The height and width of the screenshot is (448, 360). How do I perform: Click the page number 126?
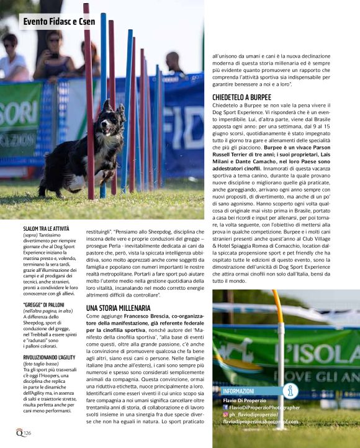click(27, 432)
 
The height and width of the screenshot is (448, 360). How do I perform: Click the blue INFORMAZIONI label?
click(239, 392)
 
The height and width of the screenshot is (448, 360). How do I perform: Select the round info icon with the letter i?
click(289, 390)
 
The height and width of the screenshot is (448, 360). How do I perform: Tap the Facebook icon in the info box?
click(226, 408)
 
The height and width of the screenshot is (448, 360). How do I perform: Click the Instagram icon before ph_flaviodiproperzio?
click(226, 414)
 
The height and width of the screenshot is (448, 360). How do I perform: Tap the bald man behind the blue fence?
click(174, 62)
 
